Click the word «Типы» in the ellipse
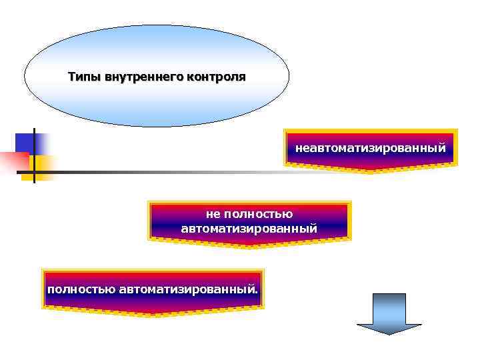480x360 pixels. coord(83,77)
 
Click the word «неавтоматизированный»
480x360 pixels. coord(370,146)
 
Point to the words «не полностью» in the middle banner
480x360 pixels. coord(249,215)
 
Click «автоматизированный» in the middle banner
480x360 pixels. coord(249,229)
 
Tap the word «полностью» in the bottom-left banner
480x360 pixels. coord(81,290)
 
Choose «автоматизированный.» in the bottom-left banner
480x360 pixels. coord(189,290)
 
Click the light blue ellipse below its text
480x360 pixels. coord(157,107)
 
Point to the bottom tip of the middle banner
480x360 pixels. coord(249,246)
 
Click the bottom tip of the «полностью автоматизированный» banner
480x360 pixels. coord(153,315)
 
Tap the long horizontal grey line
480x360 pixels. coord(200,171)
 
